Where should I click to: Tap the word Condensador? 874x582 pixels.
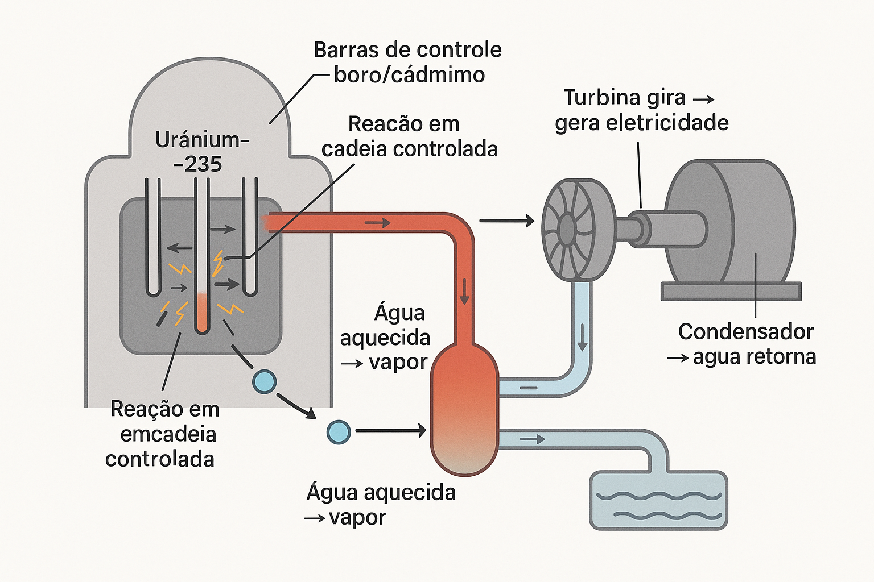click(x=745, y=332)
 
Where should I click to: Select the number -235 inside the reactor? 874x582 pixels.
click(x=198, y=164)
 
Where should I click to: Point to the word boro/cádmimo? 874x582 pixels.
click(x=409, y=75)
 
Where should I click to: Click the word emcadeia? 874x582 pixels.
click(x=168, y=434)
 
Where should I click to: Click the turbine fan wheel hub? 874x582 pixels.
click(x=567, y=229)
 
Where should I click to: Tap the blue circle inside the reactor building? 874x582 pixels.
click(x=265, y=381)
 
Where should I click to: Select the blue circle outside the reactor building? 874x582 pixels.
click(x=339, y=432)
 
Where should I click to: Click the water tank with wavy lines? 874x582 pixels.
click(x=658, y=501)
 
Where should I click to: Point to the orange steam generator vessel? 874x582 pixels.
click(x=464, y=409)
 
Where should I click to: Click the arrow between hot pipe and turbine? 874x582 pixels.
click(x=506, y=221)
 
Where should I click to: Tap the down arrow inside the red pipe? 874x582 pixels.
click(x=464, y=292)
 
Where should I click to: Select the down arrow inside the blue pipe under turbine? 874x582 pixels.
click(x=582, y=337)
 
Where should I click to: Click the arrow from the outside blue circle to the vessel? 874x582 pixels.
click(x=390, y=431)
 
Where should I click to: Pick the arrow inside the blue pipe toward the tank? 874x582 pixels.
click(x=532, y=439)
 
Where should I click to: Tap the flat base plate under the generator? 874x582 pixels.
click(x=731, y=292)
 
